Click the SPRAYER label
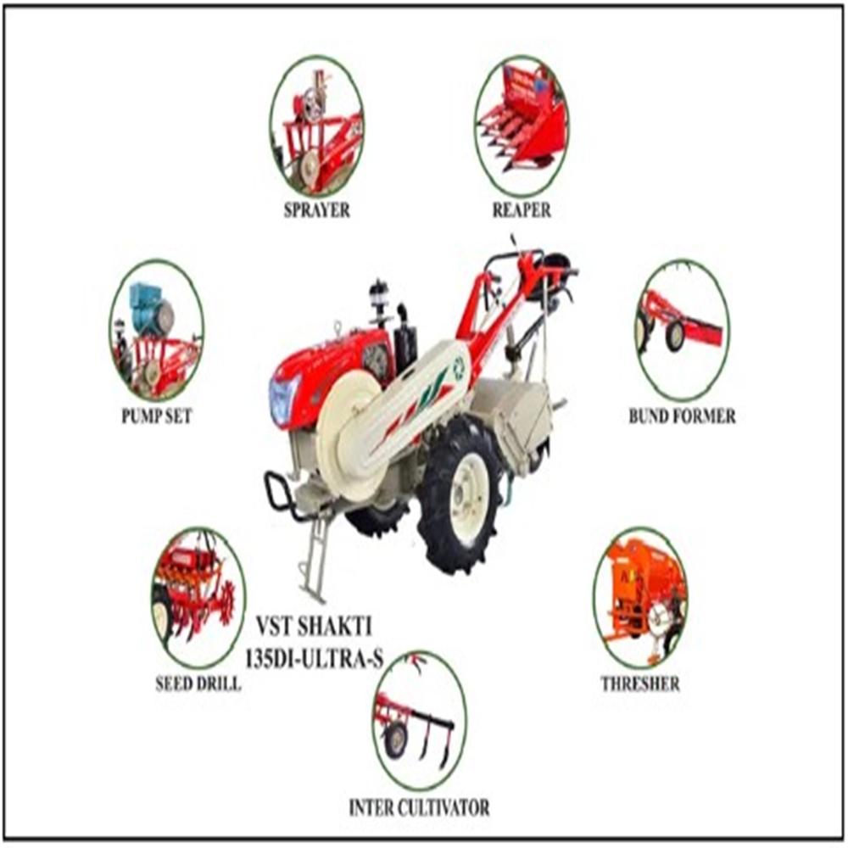(x=316, y=210)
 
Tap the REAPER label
(x=522, y=210)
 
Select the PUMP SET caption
(x=156, y=416)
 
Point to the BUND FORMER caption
(x=682, y=416)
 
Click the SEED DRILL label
(x=198, y=683)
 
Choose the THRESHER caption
(x=639, y=683)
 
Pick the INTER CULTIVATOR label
(x=419, y=807)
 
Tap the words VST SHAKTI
(x=314, y=629)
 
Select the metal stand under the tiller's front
(x=315, y=555)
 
